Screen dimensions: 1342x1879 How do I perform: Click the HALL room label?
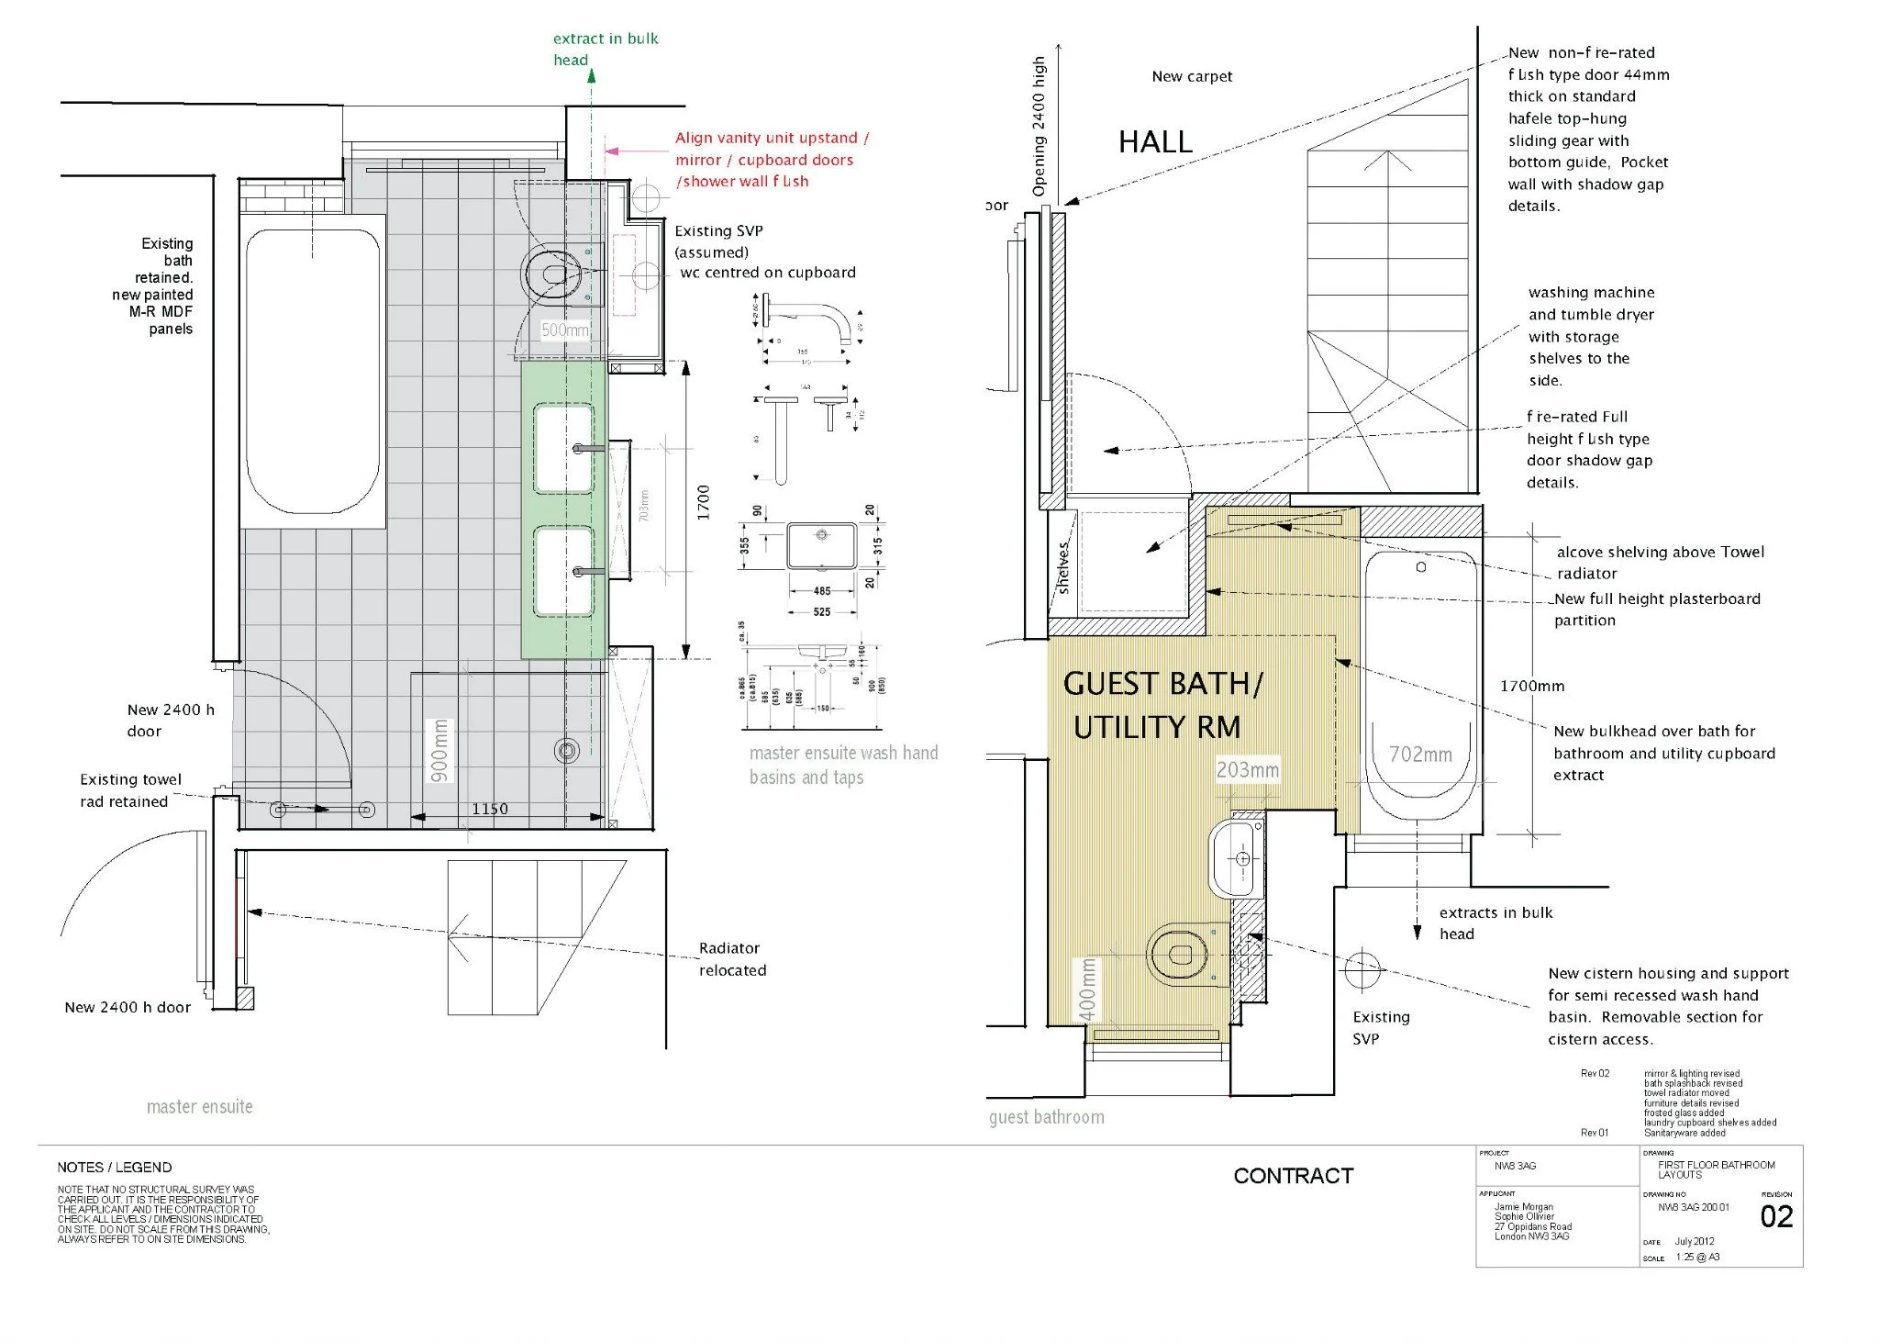click(1155, 142)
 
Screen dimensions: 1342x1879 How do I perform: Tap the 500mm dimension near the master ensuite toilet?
click(564, 330)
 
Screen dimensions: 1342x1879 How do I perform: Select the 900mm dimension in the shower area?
click(440, 750)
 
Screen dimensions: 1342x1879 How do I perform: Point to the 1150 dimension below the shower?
click(490, 809)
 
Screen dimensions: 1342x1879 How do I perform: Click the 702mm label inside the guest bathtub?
click(1420, 755)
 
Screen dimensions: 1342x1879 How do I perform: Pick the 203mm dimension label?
click(1248, 770)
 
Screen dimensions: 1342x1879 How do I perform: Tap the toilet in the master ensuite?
click(553, 273)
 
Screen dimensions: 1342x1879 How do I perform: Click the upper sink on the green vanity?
click(563, 448)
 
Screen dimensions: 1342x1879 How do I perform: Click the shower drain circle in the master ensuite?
click(566, 751)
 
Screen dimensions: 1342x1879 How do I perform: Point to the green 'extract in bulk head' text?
click(605, 49)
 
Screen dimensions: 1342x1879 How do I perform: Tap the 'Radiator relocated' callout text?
click(731, 959)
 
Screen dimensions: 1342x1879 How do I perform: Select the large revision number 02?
click(1776, 1216)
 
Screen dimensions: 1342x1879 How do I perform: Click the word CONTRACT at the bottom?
click(1293, 1176)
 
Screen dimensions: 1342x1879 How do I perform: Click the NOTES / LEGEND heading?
click(114, 1168)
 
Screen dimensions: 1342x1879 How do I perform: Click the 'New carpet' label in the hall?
click(1192, 76)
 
